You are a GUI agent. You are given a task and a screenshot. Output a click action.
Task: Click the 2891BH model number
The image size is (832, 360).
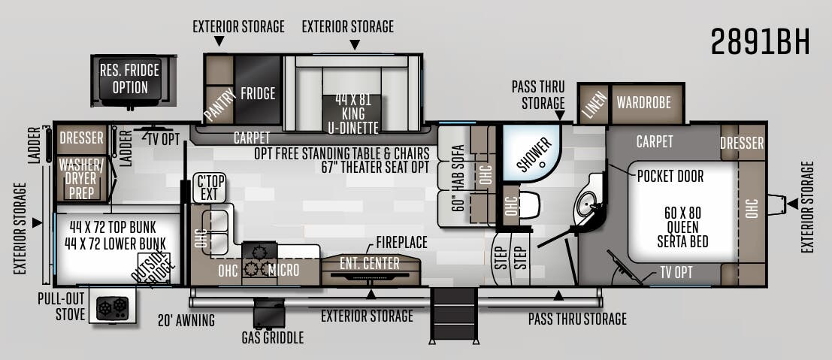tap(761, 41)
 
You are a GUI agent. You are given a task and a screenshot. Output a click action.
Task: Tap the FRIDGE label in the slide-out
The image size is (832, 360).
tap(258, 93)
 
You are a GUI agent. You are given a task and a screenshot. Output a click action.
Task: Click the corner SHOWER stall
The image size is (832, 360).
tap(531, 153)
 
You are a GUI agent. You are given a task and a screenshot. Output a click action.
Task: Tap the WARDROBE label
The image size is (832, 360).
tap(643, 102)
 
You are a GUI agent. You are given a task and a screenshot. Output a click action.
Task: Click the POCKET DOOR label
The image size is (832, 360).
tap(670, 176)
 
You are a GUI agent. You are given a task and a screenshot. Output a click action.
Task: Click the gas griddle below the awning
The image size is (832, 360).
tap(268, 313)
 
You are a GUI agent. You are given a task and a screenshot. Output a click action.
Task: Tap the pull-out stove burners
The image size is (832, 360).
tap(113, 307)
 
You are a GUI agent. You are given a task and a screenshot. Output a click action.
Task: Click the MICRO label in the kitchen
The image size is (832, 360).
tap(284, 270)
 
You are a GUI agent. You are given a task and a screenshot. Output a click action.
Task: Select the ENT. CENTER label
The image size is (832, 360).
tap(370, 263)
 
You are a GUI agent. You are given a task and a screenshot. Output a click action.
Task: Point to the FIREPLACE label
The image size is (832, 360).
tap(401, 242)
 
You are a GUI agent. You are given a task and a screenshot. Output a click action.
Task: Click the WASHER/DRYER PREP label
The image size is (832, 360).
tap(82, 178)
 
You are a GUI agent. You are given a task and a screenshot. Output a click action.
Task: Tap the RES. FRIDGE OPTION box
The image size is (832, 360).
tap(130, 80)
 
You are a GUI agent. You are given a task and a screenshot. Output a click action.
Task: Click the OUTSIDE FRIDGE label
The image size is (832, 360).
tap(152, 271)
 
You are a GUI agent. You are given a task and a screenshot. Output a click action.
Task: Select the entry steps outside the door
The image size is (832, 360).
tap(454, 314)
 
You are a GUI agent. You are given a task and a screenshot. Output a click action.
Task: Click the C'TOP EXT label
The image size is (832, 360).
tap(210, 188)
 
